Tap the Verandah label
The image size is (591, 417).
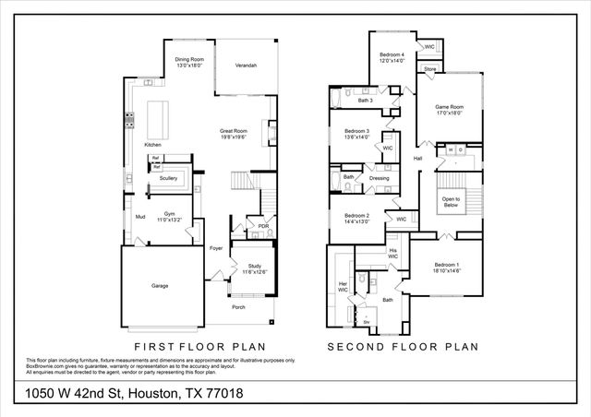click(246, 66)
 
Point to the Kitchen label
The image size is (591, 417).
click(152, 145)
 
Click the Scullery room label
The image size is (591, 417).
click(168, 178)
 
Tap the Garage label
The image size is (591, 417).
click(160, 286)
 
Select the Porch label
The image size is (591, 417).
click(238, 307)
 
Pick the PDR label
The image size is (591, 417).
click(263, 226)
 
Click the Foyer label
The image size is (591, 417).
click(216, 248)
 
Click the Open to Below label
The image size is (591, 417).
click(451, 202)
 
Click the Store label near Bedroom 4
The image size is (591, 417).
click(429, 69)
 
